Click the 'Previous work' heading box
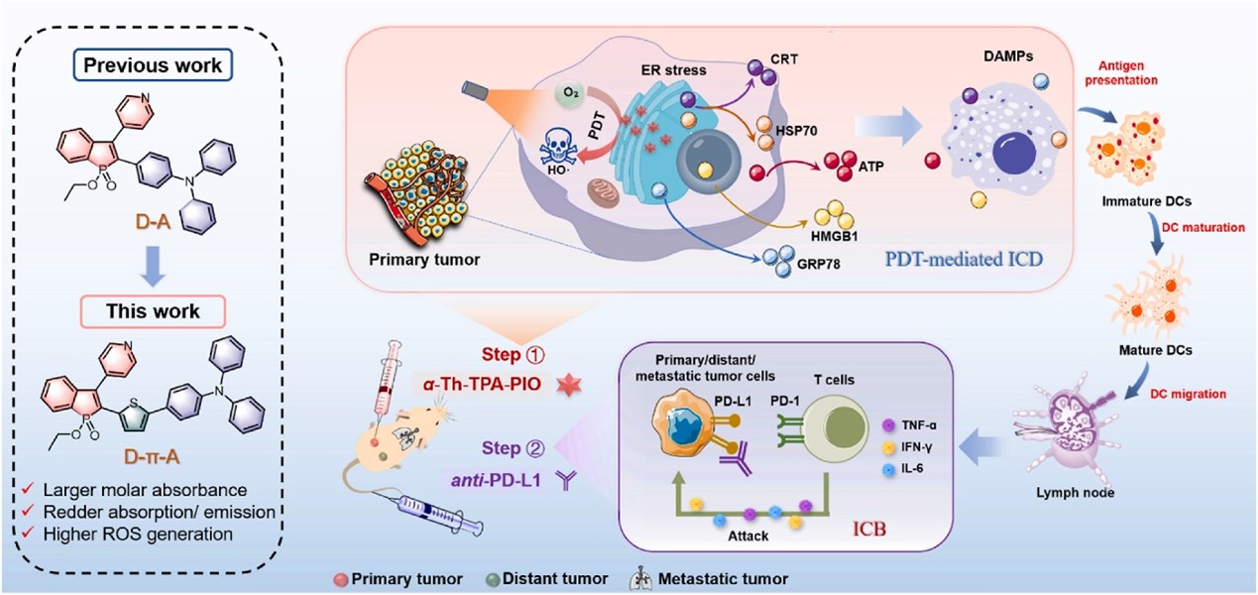(x=153, y=66)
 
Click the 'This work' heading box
(x=154, y=310)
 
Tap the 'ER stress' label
(x=675, y=70)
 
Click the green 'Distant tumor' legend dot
(x=494, y=578)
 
